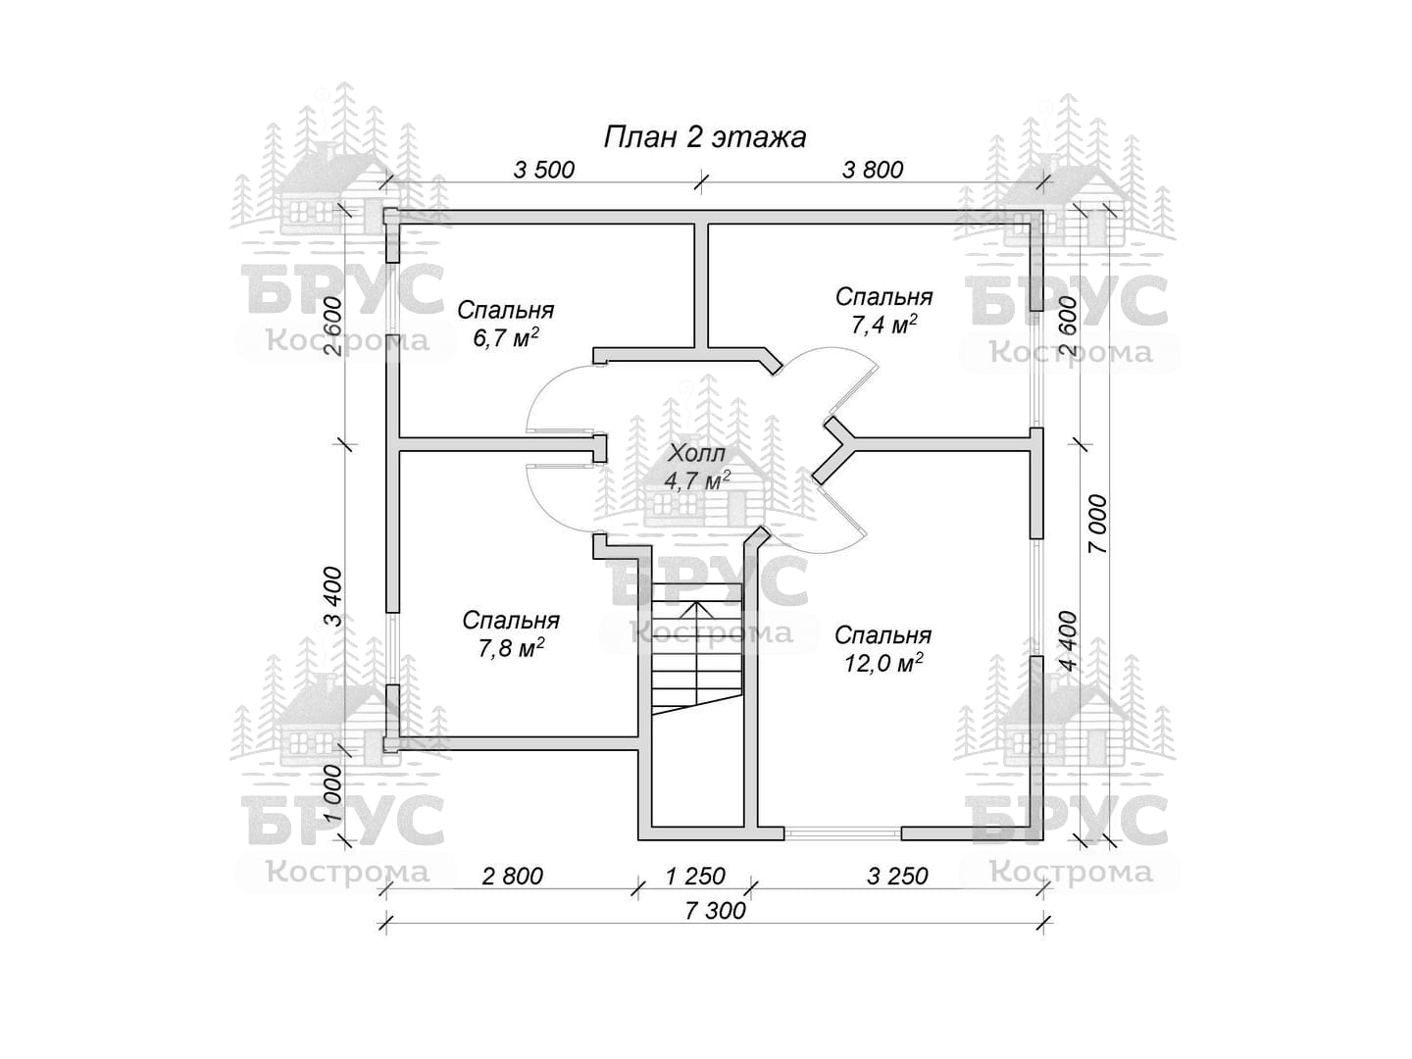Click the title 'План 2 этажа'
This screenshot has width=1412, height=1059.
tap(704, 137)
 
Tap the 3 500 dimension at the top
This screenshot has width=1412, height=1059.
tap(543, 171)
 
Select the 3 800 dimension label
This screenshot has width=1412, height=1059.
tap(873, 171)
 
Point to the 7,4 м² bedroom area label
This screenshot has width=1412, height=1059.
tap(883, 324)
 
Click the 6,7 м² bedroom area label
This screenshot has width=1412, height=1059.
tap(506, 337)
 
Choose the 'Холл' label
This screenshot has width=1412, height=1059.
tap(696, 453)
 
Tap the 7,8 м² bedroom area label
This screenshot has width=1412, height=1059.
tap(512, 647)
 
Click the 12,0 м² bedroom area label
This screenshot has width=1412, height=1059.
tap(883, 662)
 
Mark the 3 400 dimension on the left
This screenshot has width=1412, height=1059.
tap(333, 597)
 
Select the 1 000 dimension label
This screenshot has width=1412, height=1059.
tap(333, 794)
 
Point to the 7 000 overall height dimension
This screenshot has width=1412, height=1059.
tap(1097, 524)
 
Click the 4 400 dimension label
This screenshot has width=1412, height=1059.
tap(1067, 640)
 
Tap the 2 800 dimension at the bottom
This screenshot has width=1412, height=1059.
tap(512, 876)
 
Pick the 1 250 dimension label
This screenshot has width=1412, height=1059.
tap(695, 876)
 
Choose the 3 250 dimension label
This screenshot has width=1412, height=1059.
tap(897, 876)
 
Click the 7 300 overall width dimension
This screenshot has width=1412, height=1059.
tap(716, 911)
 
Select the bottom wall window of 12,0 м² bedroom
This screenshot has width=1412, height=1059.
tap(842, 833)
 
